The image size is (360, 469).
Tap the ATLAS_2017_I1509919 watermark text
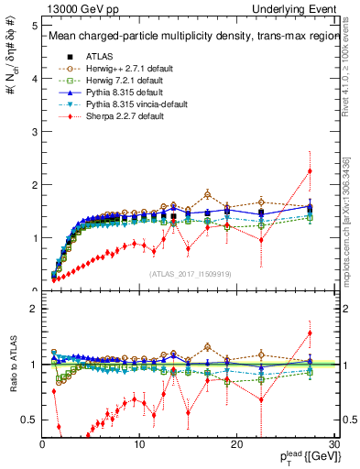point(189,274)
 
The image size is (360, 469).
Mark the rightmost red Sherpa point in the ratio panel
point(310,333)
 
